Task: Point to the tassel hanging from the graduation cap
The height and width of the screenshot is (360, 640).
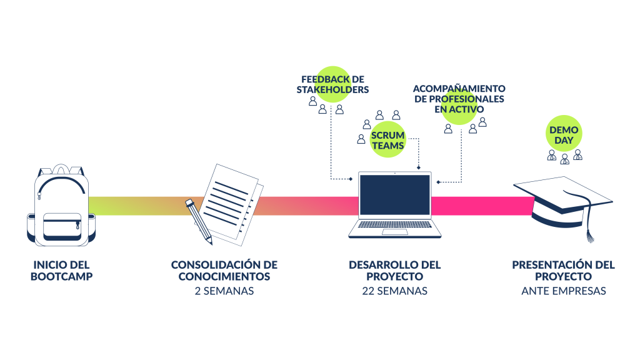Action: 588,235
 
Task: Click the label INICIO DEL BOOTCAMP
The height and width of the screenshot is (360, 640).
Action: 61,270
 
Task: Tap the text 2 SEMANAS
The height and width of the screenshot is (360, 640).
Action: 224,291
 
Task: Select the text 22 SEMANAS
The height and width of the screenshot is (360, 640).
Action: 394,291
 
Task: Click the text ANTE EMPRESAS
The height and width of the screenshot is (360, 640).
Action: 563,291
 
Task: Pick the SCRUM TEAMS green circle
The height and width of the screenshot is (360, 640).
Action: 387,140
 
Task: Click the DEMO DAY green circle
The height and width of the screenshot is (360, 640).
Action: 564,134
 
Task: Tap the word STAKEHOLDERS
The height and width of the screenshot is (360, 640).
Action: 332,89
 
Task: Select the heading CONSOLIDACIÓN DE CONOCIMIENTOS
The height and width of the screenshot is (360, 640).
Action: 224,270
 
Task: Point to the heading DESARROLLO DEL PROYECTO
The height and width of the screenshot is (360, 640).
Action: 394,270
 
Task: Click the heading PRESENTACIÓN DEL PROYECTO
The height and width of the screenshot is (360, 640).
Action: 563,270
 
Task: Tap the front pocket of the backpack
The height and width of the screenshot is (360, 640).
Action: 62,226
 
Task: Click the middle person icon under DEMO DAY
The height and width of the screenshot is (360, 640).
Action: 564,158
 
